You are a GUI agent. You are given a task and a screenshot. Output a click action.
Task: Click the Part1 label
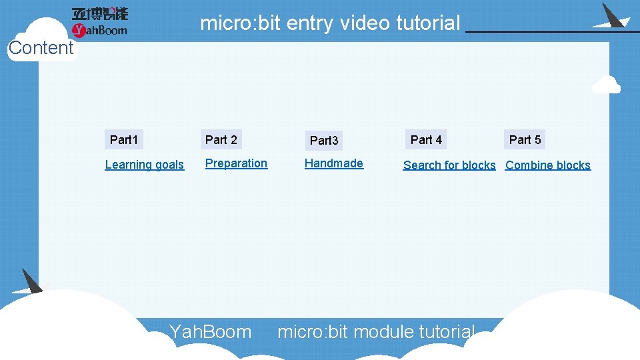pyautogui.click(x=124, y=140)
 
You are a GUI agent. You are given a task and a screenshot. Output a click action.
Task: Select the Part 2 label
pyautogui.click(x=221, y=140)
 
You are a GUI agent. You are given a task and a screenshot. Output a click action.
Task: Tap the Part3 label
pyautogui.click(x=324, y=141)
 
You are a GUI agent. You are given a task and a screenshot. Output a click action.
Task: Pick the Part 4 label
pyautogui.click(x=426, y=140)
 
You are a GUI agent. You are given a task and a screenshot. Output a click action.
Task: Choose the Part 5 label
pyautogui.click(x=525, y=140)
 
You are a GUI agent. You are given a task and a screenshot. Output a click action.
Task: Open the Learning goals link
pyautogui.click(x=144, y=165)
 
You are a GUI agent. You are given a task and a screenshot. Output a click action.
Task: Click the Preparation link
pyautogui.click(x=236, y=163)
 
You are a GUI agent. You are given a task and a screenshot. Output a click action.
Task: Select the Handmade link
pyautogui.click(x=334, y=163)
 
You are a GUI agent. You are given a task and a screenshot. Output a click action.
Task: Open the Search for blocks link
pyautogui.click(x=449, y=165)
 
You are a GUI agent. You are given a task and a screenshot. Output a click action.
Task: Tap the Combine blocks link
pyautogui.click(x=548, y=165)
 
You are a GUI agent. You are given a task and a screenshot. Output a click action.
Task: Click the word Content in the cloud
pyautogui.click(x=41, y=48)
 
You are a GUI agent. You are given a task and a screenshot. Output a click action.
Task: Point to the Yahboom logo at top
pyautogui.click(x=99, y=21)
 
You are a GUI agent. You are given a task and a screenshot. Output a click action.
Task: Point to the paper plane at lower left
pyautogui.click(x=29, y=283)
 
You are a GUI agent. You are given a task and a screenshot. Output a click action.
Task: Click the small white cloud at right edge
pyautogui.click(x=606, y=85)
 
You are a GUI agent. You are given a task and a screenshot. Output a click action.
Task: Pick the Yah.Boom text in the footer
pyautogui.click(x=211, y=331)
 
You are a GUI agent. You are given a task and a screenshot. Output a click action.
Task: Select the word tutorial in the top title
pyautogui.click(x=428, y=23)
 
